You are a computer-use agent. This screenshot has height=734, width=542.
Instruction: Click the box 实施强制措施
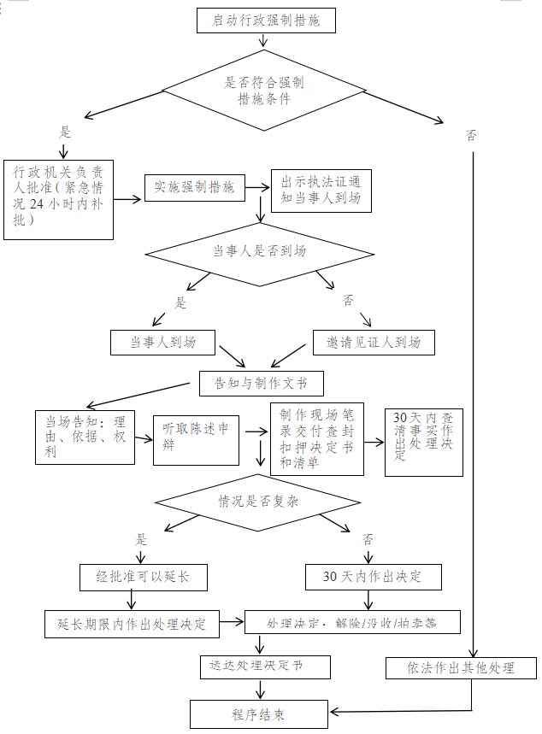(194, 187)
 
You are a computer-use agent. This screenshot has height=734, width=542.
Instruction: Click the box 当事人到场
(162, 343)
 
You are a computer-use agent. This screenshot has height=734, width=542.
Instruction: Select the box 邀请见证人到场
(374, 343)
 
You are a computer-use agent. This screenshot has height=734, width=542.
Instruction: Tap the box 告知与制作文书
(261, 384)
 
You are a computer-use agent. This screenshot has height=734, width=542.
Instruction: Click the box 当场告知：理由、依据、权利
(85, 437)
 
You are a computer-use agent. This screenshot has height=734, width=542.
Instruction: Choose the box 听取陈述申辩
(196, 438)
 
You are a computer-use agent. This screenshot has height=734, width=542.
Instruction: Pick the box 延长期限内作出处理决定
(132, 623)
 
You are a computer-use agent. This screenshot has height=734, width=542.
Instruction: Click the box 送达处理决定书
(256, 666)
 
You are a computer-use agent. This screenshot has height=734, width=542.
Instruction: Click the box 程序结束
(258, 713)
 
